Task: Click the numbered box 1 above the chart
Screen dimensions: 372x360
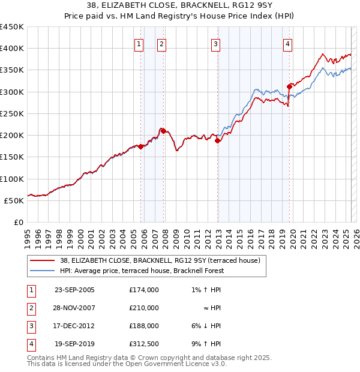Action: click(x=139, y=43)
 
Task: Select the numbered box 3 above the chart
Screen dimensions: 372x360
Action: click(x=215, y=43)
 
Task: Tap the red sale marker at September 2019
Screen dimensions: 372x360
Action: click(x=289, y=86)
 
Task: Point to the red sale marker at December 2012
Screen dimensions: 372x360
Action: click(x=218, y=141)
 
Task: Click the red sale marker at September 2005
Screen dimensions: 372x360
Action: click(x=141, y=146)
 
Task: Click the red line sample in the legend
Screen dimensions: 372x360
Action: click(x=41, y=260)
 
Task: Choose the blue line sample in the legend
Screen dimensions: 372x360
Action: click(x=41, y=271)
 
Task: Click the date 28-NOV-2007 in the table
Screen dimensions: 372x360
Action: click(x=74, y=308)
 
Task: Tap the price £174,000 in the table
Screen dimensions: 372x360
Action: click(x=144, y=290)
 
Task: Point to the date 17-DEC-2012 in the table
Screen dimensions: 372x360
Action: click(x=74, y=326)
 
